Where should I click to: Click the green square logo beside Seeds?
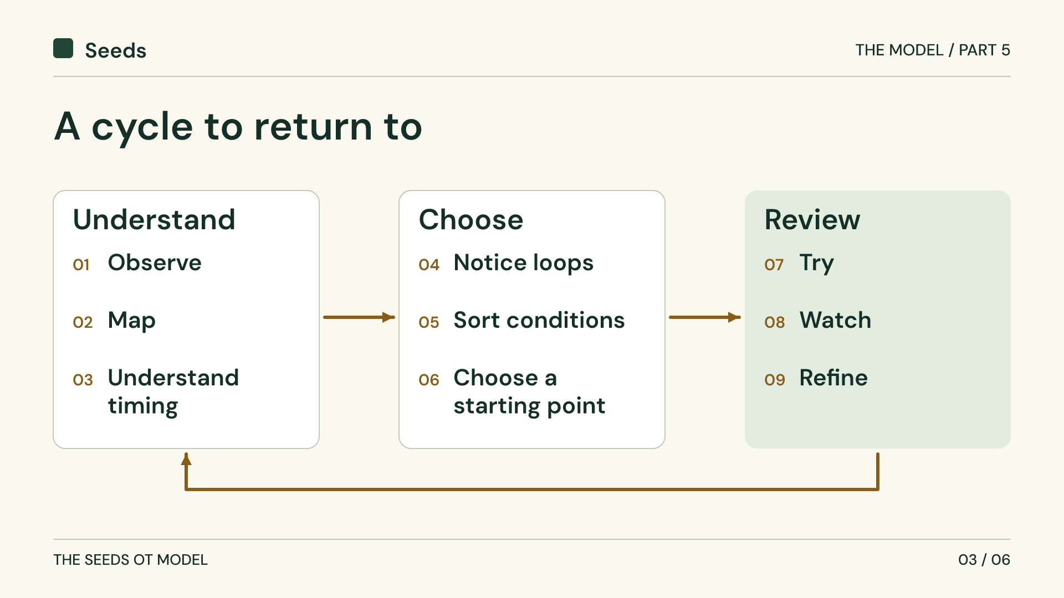63,48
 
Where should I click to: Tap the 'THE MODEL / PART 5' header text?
933,50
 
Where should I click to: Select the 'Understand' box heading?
154,220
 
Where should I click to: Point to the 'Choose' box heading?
471,220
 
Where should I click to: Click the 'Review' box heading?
812,220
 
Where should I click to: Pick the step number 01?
81,265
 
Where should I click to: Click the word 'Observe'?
155,262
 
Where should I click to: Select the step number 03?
83,380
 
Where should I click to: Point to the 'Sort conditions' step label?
539,320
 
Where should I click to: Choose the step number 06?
429,380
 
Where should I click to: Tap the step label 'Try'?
816,264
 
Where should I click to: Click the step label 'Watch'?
835,320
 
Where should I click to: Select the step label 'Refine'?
833,378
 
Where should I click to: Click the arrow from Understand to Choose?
359,317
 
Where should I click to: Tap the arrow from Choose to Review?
705,317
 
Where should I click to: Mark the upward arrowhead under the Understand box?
186,459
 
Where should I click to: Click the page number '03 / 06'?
984,560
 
